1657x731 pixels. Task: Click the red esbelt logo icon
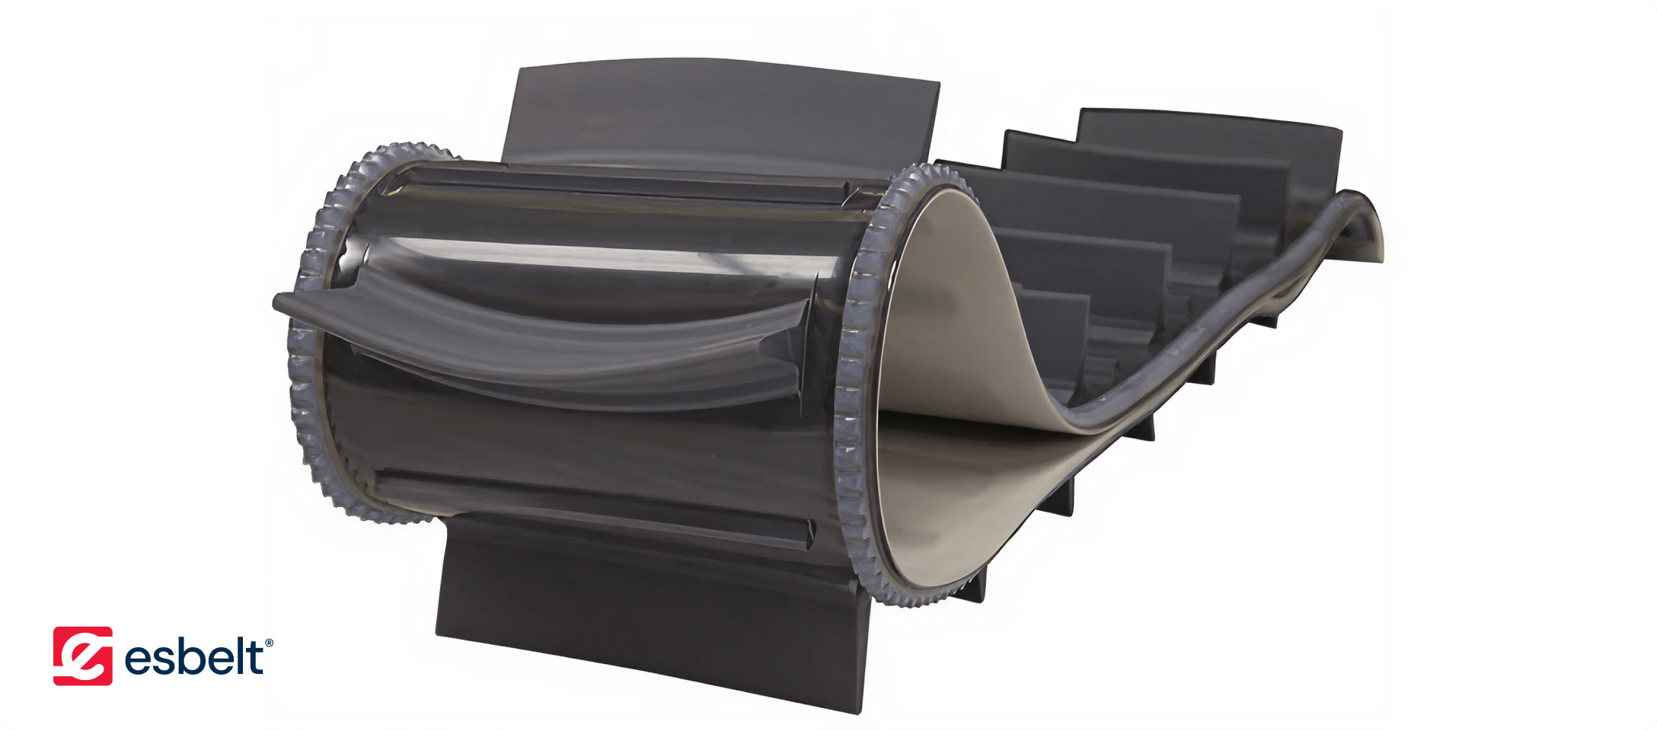tap(82, 656)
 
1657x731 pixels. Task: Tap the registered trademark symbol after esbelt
tap(269, 643)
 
